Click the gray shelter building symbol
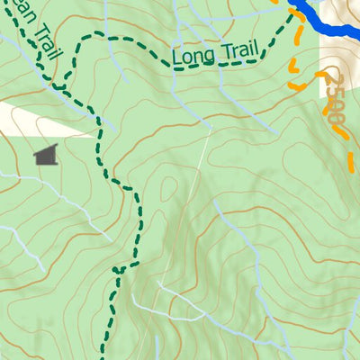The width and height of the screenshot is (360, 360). [x=45, y=156]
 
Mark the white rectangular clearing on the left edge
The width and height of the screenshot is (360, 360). [x=36, y=118]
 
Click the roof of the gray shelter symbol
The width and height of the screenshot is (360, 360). [x=47, y=148]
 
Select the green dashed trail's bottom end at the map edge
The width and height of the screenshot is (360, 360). [x=103, y=356]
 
